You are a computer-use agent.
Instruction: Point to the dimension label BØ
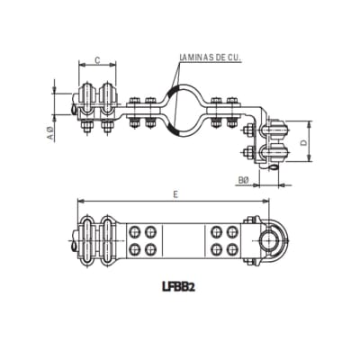coord(243,180)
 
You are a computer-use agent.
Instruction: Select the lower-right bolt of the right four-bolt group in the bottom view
coord(233,248)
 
